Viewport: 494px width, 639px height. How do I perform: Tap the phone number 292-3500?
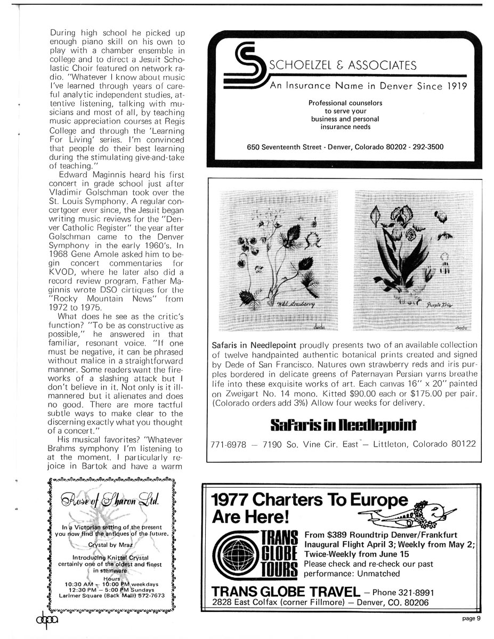pyautogui.click(x=425, y=147)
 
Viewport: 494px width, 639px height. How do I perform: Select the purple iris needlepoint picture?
pyautogui.click(x=413, y=261)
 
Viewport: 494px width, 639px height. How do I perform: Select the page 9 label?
pyautogui.click(x=471, y=618)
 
